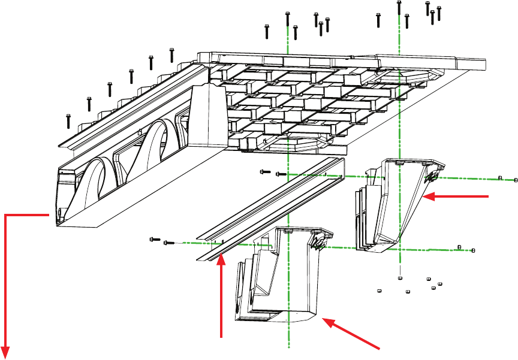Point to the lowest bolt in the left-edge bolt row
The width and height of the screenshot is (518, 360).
tap(68, 120)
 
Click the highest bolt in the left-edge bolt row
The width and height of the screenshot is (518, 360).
tap(171, 55)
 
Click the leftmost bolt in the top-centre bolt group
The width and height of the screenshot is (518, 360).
tap(267, 31)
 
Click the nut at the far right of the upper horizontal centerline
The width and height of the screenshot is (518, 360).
tap(516, 180)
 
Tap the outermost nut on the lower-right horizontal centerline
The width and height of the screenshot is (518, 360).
tap(474, 250)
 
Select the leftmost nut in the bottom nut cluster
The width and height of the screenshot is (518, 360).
tap(379, 291)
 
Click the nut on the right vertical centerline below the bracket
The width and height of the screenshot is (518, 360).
tap(399, 279)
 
